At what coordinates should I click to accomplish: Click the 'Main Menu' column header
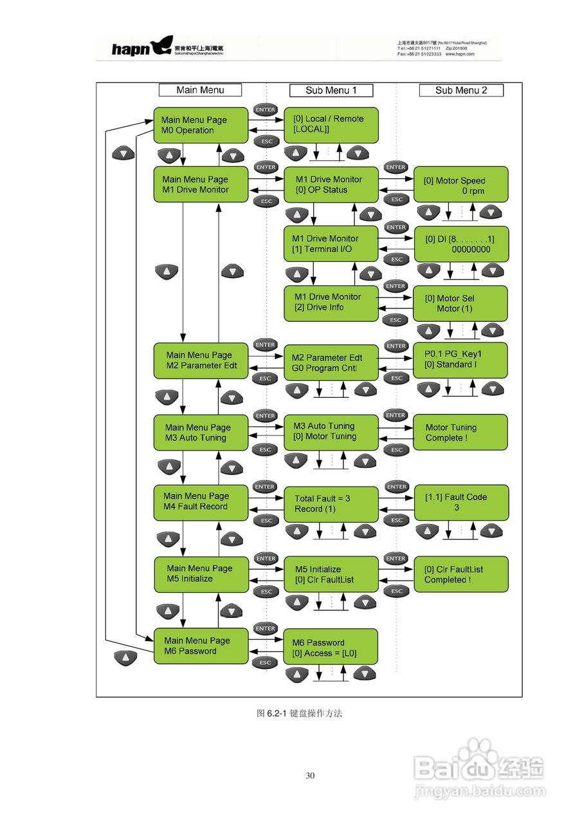click(x=200, y=90)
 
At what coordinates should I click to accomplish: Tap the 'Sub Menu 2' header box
click(x=461, y=90)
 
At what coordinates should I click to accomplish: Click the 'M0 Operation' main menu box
click(x=200, y=125)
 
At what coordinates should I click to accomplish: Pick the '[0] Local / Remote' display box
click(x=331, y=124)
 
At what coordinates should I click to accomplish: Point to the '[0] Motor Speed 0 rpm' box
click(x=461, y=185)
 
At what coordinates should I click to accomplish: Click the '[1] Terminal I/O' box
click(x=331, y=243)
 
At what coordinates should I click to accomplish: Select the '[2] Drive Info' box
click(x=331, y=303)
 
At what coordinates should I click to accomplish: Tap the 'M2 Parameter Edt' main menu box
click(x=200, y=360)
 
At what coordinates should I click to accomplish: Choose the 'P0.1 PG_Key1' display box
click(x=461, y=360)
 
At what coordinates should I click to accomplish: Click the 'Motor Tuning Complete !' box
click(x=461, y=433)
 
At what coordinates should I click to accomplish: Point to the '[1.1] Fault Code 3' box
click(x=461, y=502)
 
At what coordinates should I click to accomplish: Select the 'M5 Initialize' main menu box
click(x=200, y=574)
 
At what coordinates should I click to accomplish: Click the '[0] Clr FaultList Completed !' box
click(x=461, y=574)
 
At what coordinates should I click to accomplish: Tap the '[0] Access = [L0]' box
click(x=331, y=648)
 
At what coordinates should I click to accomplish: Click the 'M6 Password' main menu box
click(x=200, y=646)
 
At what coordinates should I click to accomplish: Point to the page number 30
click(x=310, y=776)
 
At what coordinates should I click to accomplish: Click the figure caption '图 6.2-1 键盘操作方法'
click(x=299, y=713)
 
